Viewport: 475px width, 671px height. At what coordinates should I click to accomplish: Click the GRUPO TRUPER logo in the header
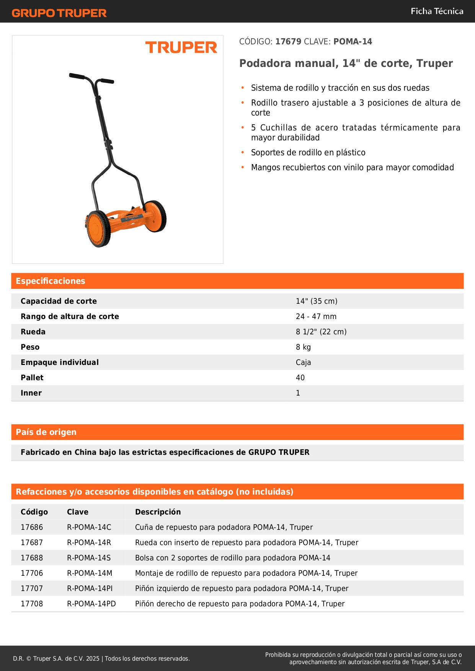pyautogui.click(x=59, y=13)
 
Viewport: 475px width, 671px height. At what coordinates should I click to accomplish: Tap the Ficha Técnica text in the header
pyautogui.click(x=437, y=11)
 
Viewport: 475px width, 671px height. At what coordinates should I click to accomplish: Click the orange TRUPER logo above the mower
pyautogui.click(x=181, y=48)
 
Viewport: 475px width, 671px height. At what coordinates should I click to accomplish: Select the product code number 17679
pyautogui.click(x=288, y=42)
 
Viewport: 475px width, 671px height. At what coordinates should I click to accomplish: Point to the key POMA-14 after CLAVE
pyautogui.click(x=353, y=42)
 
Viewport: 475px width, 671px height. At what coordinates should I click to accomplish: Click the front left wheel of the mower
pyautogui.click(x=98, y=228)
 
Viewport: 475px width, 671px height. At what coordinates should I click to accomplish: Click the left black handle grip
pyautogui.click(x=77, y=76)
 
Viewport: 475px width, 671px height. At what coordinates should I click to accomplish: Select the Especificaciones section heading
pyautogui.click(x=51, y=281)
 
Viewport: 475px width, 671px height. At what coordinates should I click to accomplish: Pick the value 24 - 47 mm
pyautogui.click(x=316, y=317)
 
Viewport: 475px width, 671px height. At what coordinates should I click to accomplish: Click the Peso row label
pyautogui.click(x=30, y=347)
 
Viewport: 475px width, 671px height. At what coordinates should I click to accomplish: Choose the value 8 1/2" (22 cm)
pyautogui.click(x=321, y=332)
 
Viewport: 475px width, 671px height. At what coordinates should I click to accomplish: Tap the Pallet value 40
pyautogui.click(x=300, y=378)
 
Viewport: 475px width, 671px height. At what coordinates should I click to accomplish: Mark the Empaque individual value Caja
pyautogui.click(x=303, y=363)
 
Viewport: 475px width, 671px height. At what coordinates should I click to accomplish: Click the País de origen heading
pyautogui.click(x=46, y=432)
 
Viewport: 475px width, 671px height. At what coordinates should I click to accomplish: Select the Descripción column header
pyautogui.click(x=158, y=512)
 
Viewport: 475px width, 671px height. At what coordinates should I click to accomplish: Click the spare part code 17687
pyautogui.click(x=32, y=543)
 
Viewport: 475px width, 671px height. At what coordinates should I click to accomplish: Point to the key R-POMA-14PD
pyautogui.click(x=91, y=604)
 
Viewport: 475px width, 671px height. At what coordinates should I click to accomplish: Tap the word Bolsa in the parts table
pyautogui.click(x=144, y=558)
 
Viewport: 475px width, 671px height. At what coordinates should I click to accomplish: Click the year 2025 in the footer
pyautogui.click(x=93, y=659)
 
